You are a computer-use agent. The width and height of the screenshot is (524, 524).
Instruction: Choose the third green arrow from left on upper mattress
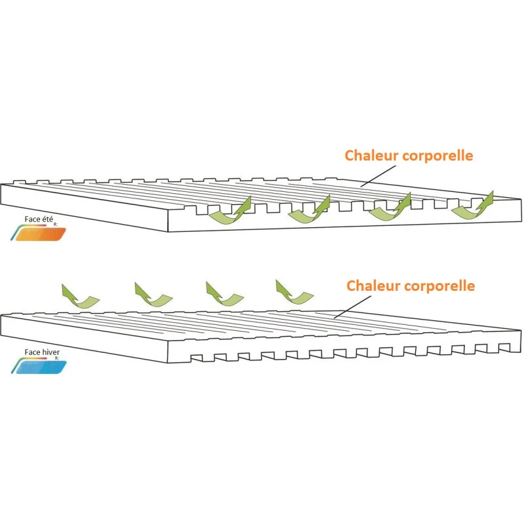390,208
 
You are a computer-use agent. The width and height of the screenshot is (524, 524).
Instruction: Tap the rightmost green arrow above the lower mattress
294,291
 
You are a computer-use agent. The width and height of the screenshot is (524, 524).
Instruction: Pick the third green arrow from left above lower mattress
224,293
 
